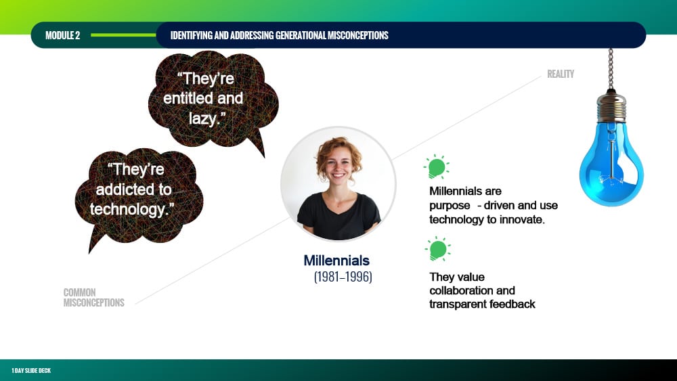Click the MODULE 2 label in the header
coord(62,35)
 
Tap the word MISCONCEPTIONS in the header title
coord(358,35)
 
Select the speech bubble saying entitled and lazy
coord(213,102)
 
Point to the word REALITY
coord(561,74)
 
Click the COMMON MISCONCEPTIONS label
coord(93,298)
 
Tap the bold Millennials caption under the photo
coord(336,261)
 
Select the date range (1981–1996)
coord(343,277)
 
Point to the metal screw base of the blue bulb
coord(611,107)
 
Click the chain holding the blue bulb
coord(611,69)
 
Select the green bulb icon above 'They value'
coord(438,249)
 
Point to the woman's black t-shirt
coord(339,216)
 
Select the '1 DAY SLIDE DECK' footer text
coord(31,371)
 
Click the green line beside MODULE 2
coord(123,35)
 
